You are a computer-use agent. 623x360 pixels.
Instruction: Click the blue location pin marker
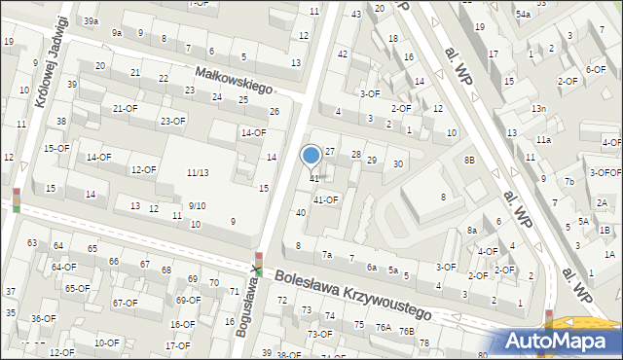click(311, 156)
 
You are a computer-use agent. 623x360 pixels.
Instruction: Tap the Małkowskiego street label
click(233, 79)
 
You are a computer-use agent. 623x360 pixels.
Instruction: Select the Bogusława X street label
click(250, 300)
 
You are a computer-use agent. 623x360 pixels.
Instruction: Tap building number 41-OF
click(325, 200)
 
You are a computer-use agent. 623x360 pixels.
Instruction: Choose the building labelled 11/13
click(198, 172)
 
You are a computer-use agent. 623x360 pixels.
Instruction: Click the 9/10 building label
click(197, 205)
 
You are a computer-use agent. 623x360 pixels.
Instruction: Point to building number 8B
click(469, 160)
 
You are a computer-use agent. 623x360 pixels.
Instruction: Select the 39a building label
click(91, 20)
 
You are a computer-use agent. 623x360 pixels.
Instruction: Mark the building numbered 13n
click(538, 109)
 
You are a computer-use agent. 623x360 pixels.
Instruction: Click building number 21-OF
click(124, 108)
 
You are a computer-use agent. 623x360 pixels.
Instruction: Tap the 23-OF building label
click(172, 121)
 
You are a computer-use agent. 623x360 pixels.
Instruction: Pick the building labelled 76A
click(384, 328)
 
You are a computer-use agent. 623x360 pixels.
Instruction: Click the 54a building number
click(523, 14)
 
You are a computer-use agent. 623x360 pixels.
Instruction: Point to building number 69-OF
click(187, 300)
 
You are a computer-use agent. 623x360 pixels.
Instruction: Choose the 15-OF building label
click(56, 148)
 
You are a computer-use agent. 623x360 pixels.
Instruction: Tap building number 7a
click(327, 255)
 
